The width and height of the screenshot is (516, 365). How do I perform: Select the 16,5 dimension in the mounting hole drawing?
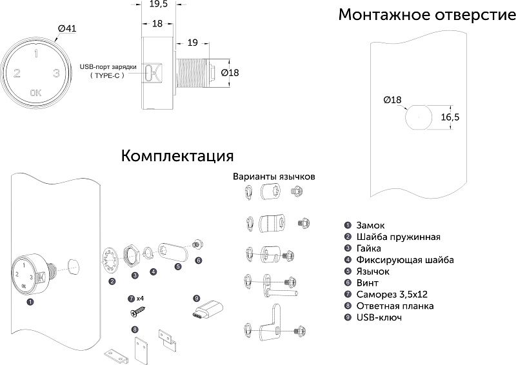point(450,117)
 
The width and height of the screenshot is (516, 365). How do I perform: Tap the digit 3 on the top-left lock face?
point(57,74)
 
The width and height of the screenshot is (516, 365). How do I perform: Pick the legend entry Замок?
point(370,226)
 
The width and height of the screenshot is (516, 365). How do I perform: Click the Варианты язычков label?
point(273,176)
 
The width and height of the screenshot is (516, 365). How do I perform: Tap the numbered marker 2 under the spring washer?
point(112,281)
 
